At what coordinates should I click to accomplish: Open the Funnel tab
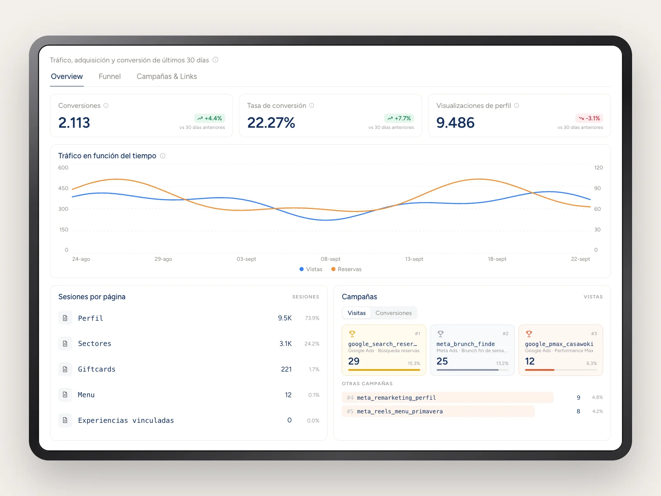109,76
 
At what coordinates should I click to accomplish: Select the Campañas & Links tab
166,76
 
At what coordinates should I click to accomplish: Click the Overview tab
67,76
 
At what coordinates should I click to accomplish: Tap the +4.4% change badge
209,118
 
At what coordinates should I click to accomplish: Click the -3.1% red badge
589,118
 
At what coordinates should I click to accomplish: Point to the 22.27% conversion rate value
271,123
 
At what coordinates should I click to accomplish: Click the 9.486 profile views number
455,123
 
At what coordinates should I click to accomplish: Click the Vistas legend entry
311,269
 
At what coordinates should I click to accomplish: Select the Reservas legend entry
346,269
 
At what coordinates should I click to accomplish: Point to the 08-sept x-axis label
330,259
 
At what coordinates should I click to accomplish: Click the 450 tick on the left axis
63,188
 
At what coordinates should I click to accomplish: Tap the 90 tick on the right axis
597,188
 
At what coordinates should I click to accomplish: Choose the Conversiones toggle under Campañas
393,313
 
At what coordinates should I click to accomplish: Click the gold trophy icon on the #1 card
352,334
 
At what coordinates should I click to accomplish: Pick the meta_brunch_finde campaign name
466,344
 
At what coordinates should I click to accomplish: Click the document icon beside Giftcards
65,369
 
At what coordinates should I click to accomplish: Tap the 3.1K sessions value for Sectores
285,343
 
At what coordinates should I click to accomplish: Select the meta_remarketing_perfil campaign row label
396,398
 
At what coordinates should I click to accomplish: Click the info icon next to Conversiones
106,106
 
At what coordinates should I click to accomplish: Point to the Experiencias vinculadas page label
126,420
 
